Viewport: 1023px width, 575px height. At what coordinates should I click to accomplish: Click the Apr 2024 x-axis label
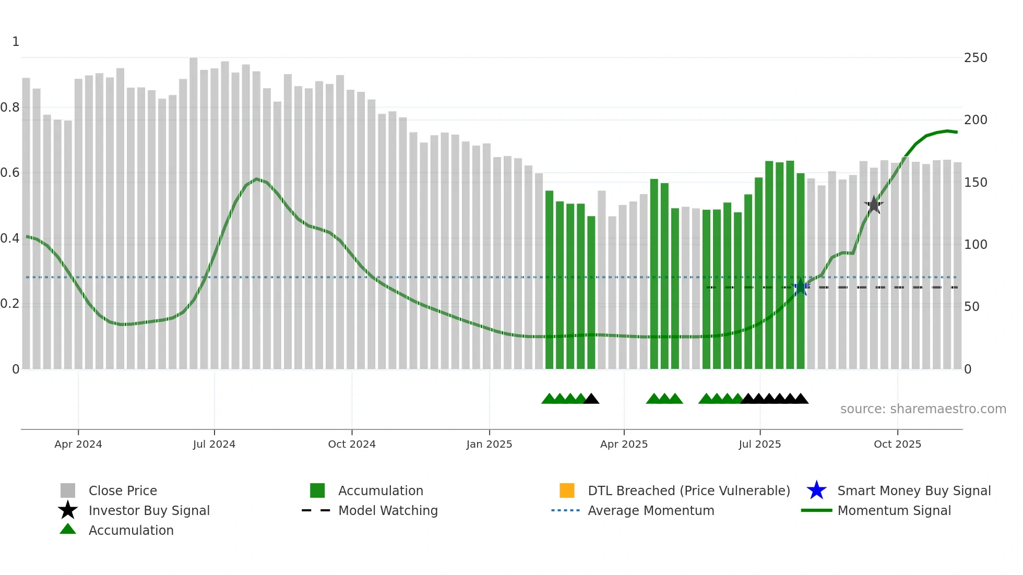coord(78,444)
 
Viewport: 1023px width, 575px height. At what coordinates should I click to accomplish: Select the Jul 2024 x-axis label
coord(214,444)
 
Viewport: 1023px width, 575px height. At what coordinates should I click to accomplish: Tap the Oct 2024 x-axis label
coord(352,444)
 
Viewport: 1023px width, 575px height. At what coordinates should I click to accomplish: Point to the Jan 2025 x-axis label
coord(489,444)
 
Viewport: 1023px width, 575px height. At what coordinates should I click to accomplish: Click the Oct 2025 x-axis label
coord(897,444)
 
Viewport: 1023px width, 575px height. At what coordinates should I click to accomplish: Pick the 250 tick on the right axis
coord(976,58)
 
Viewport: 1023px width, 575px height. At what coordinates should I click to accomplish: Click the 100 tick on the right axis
coord(976,245)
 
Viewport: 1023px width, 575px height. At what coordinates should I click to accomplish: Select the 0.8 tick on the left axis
coord(10,107)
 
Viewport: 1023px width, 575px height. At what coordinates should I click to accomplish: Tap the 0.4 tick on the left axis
coord(10,238)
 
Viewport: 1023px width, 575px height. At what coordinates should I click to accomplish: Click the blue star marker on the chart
coord(800,287)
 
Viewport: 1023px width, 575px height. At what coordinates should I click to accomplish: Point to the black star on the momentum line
coord(874,205)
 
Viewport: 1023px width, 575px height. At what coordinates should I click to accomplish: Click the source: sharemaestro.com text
coord(923,409)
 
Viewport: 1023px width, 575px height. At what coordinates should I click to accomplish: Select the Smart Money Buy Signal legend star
coord(816,490)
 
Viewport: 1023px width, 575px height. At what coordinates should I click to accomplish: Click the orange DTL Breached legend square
coord(567,490)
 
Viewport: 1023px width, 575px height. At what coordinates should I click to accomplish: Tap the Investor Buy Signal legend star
coord(68,510)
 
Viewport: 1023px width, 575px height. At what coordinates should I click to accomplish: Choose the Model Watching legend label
coord(388,510)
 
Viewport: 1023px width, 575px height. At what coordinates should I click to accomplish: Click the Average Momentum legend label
coord(651,510)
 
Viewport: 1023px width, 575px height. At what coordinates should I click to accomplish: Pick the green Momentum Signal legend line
coord(816,510)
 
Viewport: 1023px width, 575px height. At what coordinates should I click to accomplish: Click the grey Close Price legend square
coord(68,490)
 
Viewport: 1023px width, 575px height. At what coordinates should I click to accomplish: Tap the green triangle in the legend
coord(68,530)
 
